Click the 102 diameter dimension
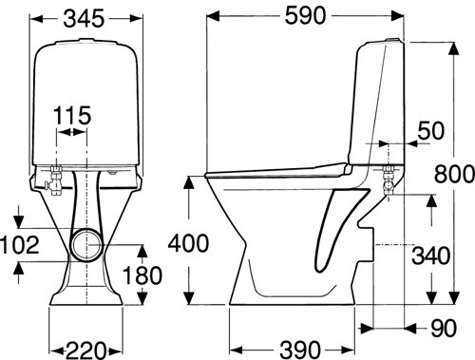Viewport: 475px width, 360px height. pyautogui.click(x=20, y=245)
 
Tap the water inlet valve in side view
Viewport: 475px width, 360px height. pyautogui.click(x=387, y=180)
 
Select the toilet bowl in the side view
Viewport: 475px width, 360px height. pyautogui.click(x=275, y=237)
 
